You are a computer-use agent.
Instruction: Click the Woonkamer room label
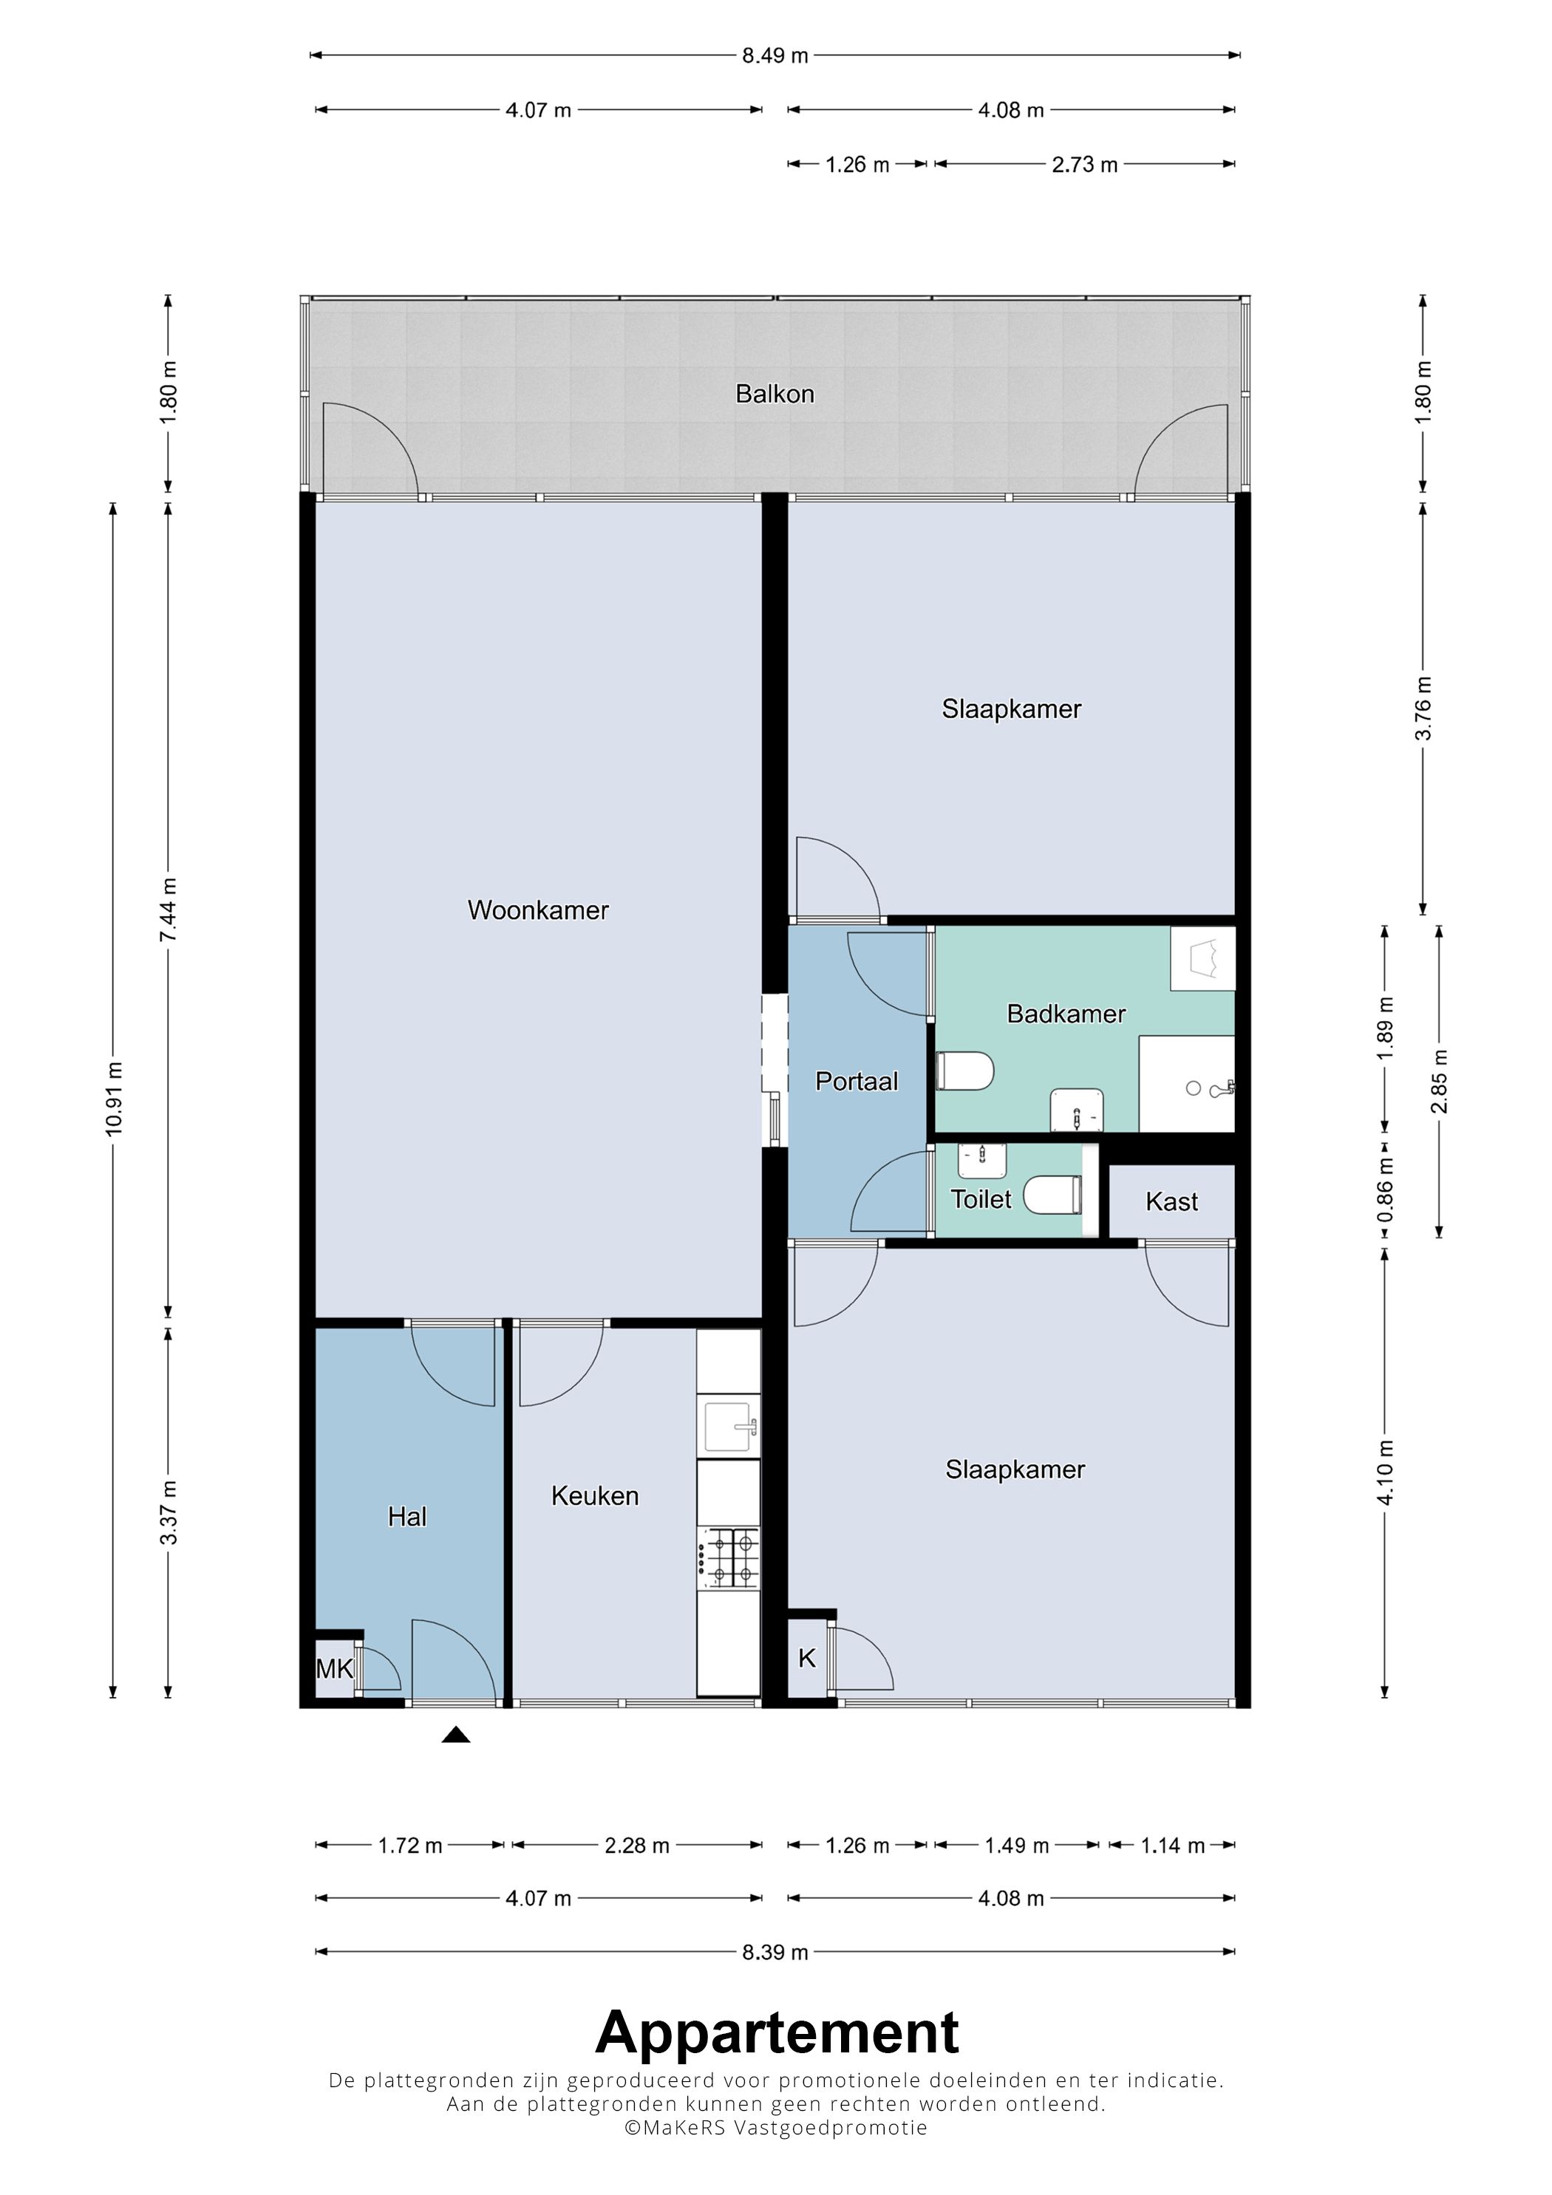537,909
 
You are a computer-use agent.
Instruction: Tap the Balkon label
775,394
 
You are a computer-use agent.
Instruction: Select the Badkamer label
1066,1014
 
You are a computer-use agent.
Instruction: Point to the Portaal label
856,1082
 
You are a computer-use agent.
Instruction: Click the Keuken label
595,1495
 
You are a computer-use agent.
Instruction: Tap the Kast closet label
1171,1202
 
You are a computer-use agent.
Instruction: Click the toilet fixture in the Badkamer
965,1072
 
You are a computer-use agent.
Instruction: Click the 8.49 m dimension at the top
775,55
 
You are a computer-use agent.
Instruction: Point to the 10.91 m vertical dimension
114,1099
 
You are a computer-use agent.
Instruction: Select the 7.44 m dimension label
169,909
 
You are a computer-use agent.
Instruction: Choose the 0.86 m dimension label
1385,1189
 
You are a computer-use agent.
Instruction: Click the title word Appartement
777,2032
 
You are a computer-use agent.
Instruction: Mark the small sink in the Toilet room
982,1161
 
